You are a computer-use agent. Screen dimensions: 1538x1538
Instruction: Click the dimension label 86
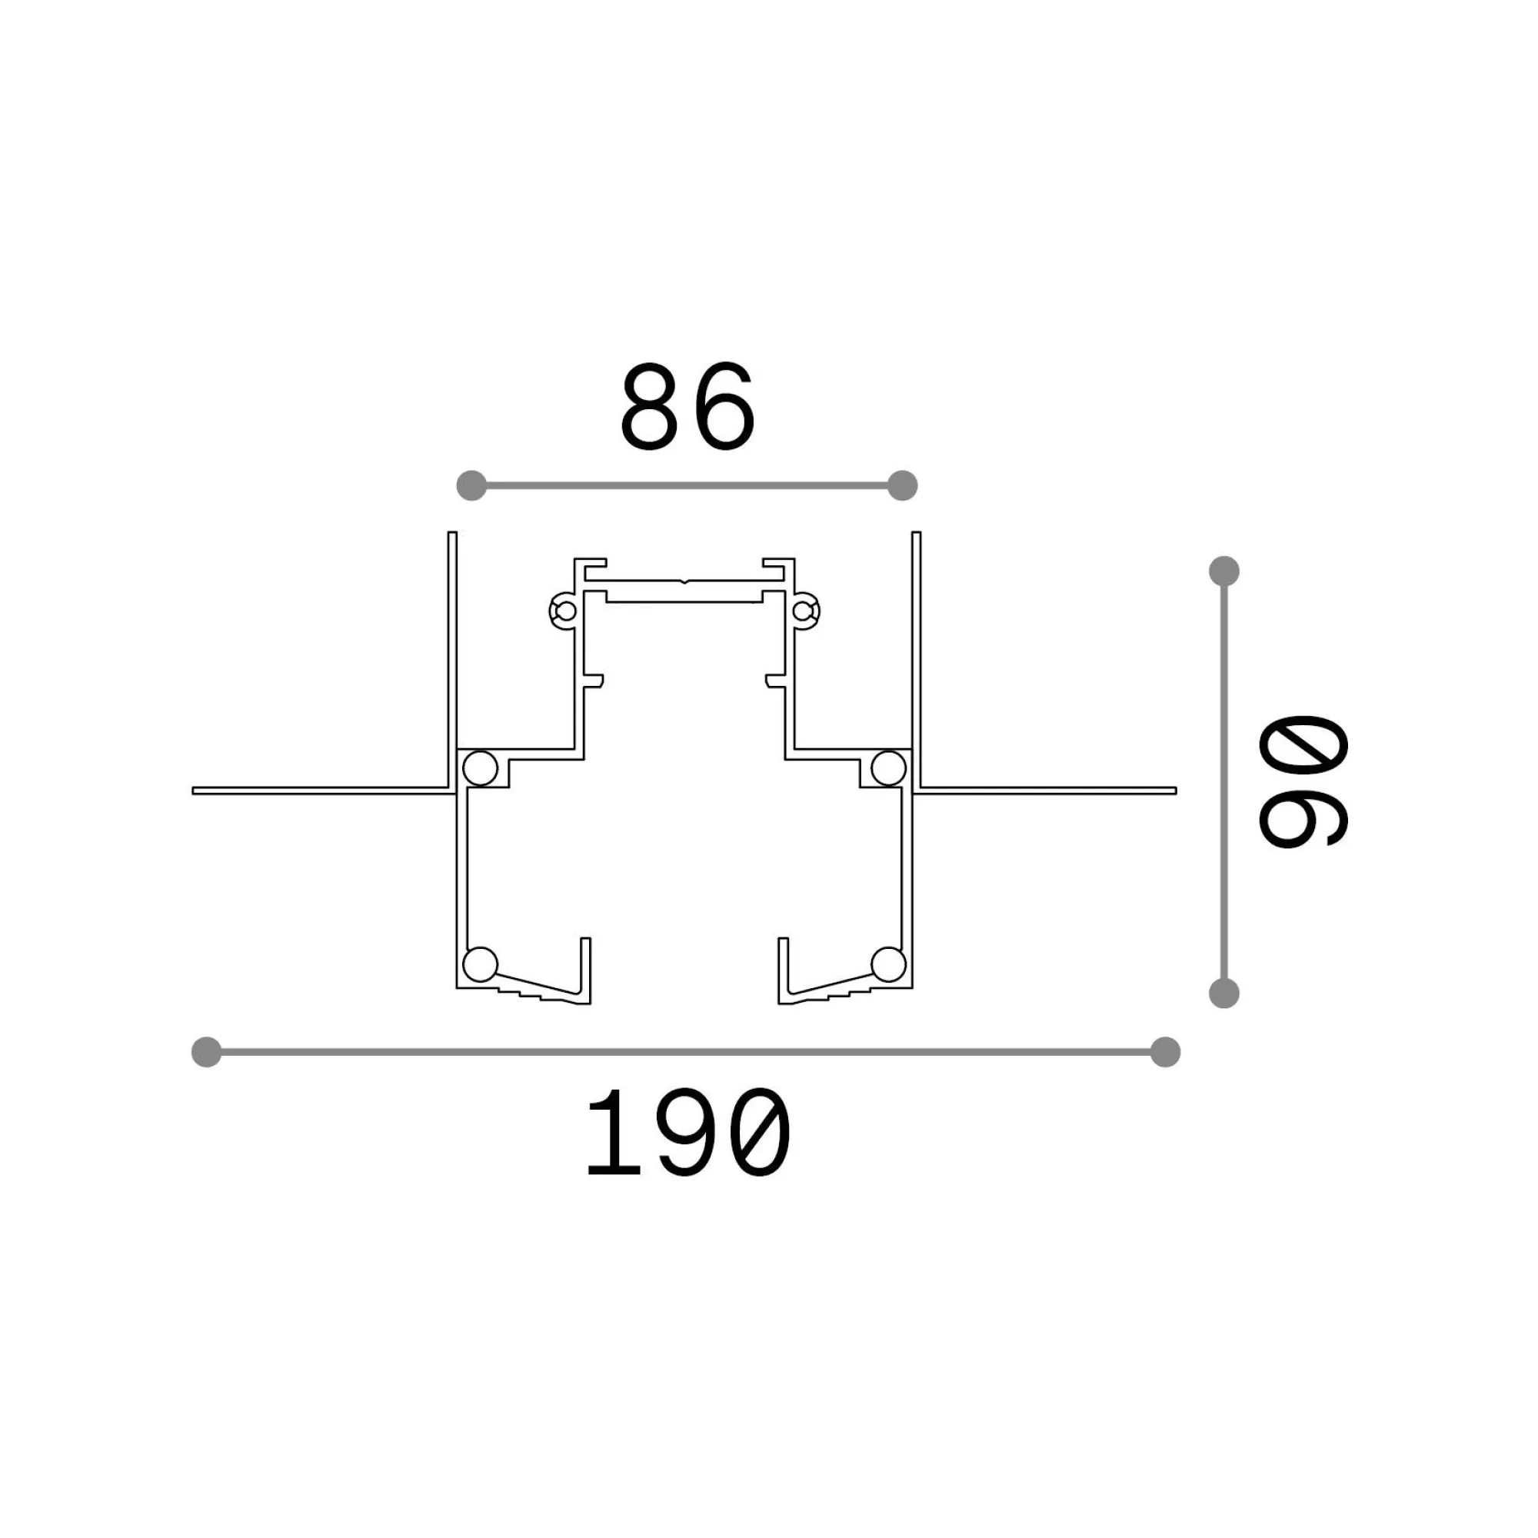pyautogui.click(x=687, y=407)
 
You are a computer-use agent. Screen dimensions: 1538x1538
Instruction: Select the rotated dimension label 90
pyautogui.click(x=1303, y=780)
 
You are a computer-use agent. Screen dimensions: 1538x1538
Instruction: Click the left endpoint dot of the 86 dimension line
pyautogui.click(x=471, y=484)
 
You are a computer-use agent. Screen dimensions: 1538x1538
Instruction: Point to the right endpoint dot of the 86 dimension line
pyautogui.click(x=902, y=484)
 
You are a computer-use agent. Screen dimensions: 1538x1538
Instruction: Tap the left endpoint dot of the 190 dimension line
pyautogui.click(x=207, y=1051)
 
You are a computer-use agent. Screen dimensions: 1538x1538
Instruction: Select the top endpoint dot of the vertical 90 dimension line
pyautogui.click(x=1223, y=571)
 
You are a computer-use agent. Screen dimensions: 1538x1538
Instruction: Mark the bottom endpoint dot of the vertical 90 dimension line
pyautogui.click(x=1223, y=993)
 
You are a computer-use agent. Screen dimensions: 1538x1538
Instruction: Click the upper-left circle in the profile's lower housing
pyautogui.click(x=481, y=768)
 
